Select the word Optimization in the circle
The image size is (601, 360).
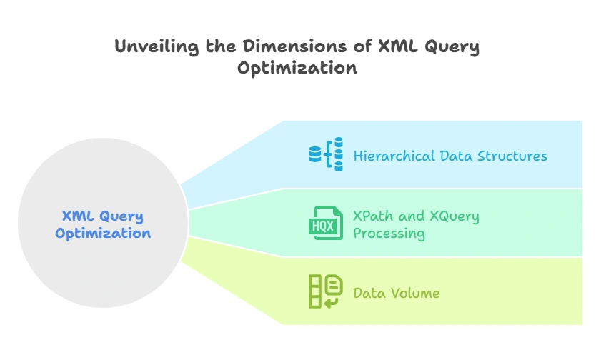[103, 234]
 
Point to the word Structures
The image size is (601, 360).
[512, 156]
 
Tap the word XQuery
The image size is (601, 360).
[452, 216]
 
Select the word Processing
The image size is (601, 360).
[389, 234]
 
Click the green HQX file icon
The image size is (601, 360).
[325, 223]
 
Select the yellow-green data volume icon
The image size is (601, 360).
[325, 291]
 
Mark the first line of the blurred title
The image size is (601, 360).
[297, 47]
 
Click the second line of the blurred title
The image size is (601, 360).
[297, 69]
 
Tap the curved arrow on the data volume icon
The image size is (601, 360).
[332, 302]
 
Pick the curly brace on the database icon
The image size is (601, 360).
[329, 155]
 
